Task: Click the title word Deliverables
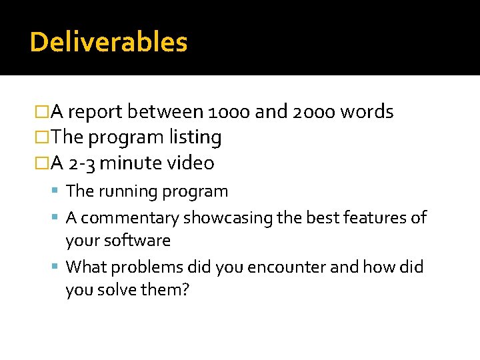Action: coord(109,42)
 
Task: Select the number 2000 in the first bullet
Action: coord(313,112)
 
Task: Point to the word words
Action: coord(367,112)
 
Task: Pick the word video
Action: coord(190,163)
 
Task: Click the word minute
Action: coord(133,163)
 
